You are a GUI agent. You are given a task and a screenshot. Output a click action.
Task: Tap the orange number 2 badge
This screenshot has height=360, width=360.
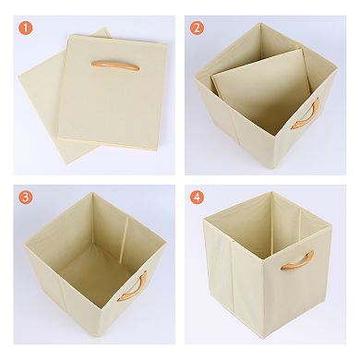197,28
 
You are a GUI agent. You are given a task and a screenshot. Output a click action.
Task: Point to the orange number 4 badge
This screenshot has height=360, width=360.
197,198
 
